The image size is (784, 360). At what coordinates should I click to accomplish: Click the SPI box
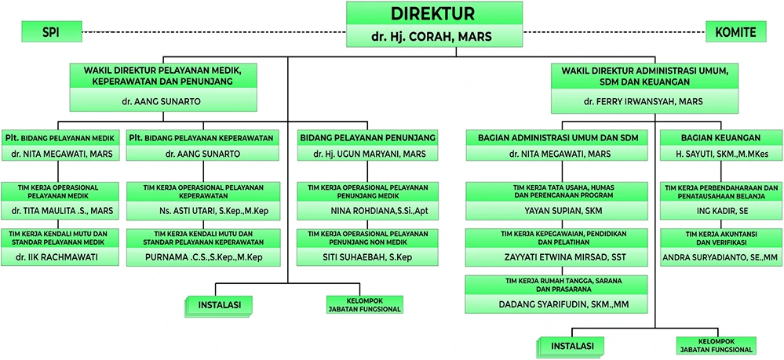click(51, 32)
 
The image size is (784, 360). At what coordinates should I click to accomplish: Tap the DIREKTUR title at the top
click(433, 14)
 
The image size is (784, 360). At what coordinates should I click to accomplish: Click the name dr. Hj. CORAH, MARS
click(433, 36)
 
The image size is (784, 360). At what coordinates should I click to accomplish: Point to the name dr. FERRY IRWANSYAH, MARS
click(643, 102)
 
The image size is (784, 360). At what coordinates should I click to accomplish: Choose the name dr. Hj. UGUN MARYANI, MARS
click(368, 155)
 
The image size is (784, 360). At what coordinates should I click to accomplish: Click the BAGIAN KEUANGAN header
click(718, 137)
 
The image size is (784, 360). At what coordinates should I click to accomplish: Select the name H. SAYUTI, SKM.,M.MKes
click(718, 155)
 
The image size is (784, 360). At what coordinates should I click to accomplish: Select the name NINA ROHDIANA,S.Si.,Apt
click(368, 211)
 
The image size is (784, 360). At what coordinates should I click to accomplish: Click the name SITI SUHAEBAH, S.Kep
click(368, 256)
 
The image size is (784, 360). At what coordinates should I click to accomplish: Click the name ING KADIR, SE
click(718, 211)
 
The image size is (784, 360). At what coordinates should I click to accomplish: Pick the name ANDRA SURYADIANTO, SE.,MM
click(718, 256)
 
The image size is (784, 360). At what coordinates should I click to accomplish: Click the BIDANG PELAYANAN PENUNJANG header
click(368, 137)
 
